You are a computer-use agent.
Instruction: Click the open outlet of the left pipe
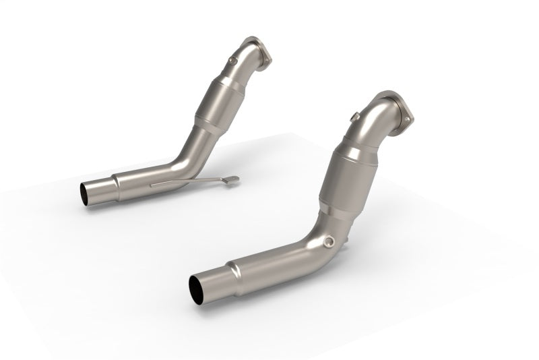pyautogui.click(x=87, y=194)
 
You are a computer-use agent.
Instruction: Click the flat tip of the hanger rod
pyautogui.click(x=231, y=180)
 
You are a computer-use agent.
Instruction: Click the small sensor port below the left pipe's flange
pyautogui.click(x=233, y=61)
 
